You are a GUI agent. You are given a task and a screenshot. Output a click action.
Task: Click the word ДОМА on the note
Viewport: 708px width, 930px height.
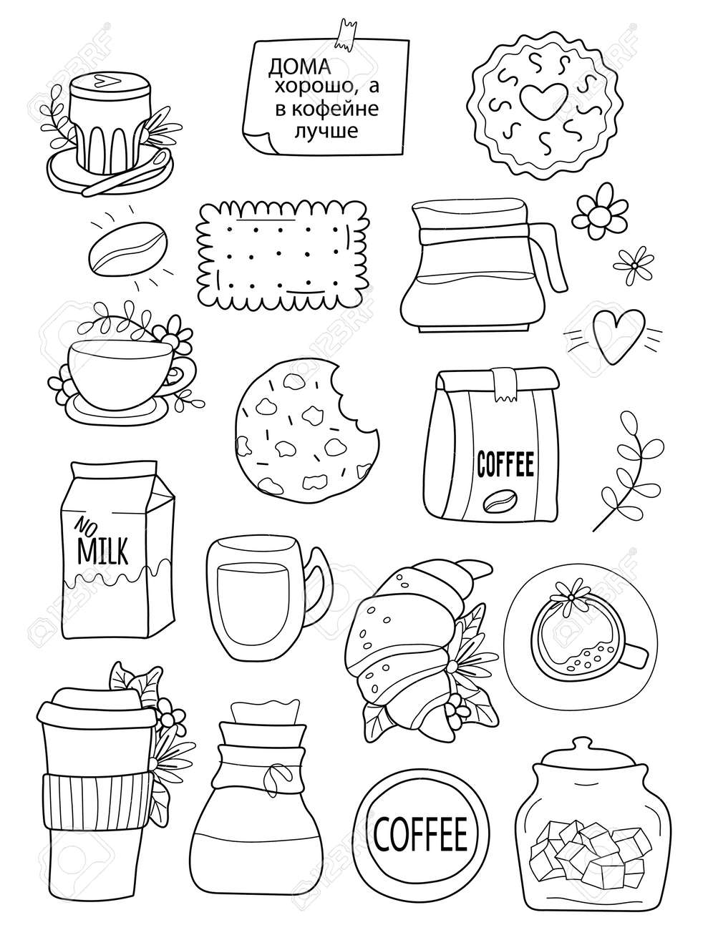coord(300,67)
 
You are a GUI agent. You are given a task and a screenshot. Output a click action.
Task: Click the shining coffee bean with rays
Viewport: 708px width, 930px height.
coord(128,248)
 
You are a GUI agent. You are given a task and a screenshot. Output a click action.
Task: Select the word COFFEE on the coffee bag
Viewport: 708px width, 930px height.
coord(505,464)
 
